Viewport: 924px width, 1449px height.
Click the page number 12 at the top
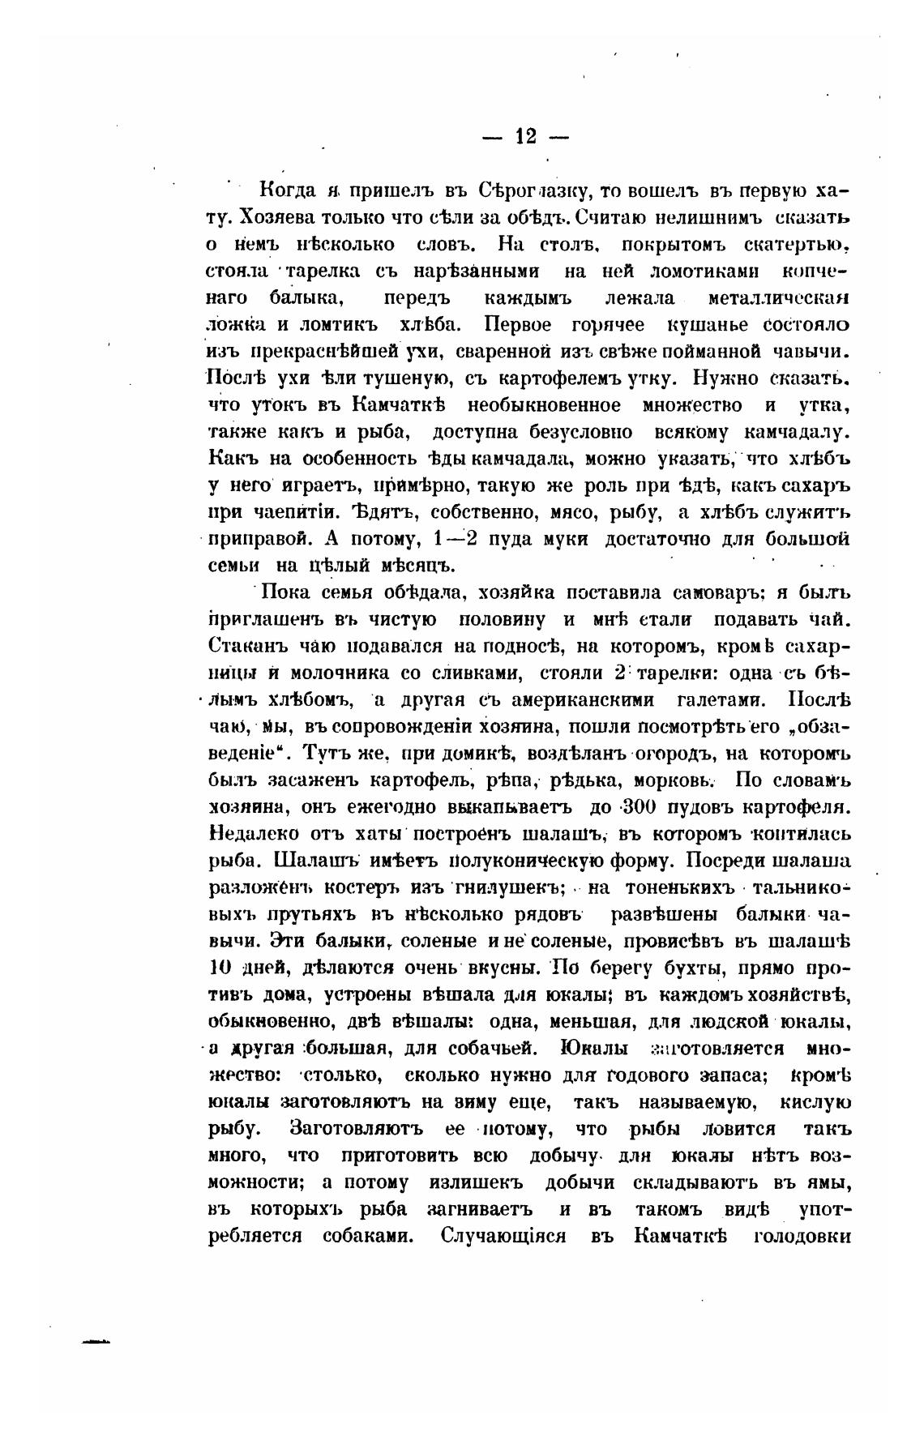point(525,136)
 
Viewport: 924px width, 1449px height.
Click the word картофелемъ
point(554,378)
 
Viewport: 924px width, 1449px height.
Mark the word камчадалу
point(798,432)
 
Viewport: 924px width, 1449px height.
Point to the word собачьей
point(494,1048)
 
